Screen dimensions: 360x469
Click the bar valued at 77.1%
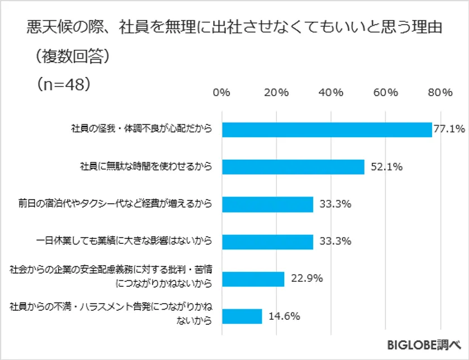[327, 129]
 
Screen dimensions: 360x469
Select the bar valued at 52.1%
[293, 167]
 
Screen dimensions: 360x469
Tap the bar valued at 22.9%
[253, 279]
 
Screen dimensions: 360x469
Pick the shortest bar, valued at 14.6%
[242, 316]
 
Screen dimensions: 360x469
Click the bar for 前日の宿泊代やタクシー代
[267, 204]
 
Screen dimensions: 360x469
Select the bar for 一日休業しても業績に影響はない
[267, 241]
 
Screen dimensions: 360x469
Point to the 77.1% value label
[449, 129]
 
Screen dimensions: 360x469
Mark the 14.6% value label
[285, 316]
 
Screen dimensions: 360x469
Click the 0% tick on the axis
[222, 93]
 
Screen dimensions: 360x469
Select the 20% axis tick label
[276, 93]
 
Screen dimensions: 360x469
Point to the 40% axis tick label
[331, 93]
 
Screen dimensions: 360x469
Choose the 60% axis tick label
[386, 93]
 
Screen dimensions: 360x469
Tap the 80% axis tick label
[440, 93]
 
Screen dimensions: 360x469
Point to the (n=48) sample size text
[62, 84]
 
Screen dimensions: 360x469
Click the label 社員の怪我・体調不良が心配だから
[142, 129]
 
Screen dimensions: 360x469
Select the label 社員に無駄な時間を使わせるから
[146, 167]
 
